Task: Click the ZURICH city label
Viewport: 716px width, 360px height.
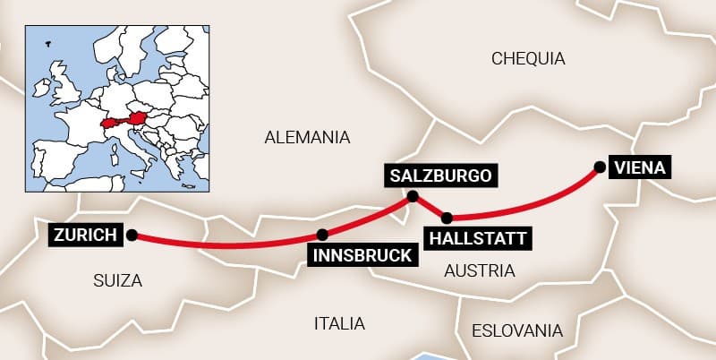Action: (85, 236)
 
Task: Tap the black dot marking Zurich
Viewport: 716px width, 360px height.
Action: (132, 236)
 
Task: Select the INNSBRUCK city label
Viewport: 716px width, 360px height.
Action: (362, 255)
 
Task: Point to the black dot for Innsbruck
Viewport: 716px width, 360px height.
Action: (322, 235)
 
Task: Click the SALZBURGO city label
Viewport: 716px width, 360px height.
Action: (440, 175)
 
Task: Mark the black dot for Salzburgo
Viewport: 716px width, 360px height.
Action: (413, 196)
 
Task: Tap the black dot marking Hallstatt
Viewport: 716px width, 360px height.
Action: (447, 217)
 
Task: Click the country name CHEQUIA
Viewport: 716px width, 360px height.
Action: (528, 59)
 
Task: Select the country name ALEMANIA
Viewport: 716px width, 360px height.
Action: (306, 137)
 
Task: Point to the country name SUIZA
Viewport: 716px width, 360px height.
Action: (117, 280)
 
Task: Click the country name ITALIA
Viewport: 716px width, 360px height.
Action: (339, 322)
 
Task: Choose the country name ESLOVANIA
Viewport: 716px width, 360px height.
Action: (517, 330)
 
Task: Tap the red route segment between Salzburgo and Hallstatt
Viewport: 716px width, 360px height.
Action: (430, 207)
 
